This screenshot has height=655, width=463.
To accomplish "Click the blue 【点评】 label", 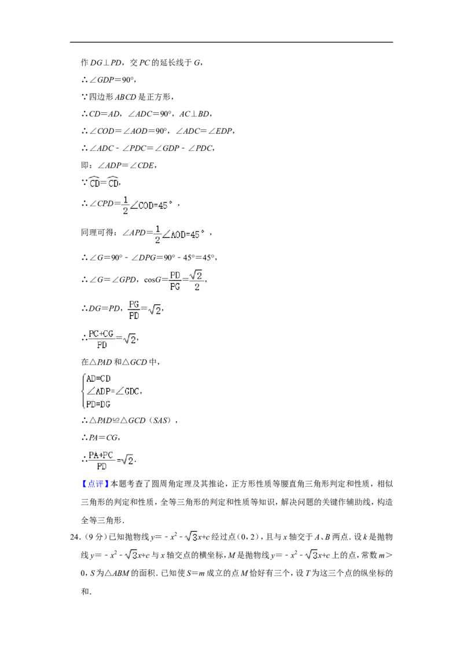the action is [x=95, y=484].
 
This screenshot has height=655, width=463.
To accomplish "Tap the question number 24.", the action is [x=75, y=537].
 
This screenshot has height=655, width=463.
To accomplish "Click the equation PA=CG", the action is [x=104, y=438].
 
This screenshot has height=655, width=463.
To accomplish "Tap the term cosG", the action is [x=153, y=280].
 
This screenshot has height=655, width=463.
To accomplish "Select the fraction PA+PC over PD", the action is [x=101, y=461].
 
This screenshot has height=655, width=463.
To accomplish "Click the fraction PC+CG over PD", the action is [x=101, y=339].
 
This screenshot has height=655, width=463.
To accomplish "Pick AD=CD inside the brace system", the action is [x=98, y=379].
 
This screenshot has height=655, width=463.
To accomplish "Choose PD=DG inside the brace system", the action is [x=98, y=404].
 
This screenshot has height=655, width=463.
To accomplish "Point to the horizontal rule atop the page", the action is [x=231, y=42].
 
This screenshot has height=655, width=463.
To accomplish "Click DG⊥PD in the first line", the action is [x=106, y=62].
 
